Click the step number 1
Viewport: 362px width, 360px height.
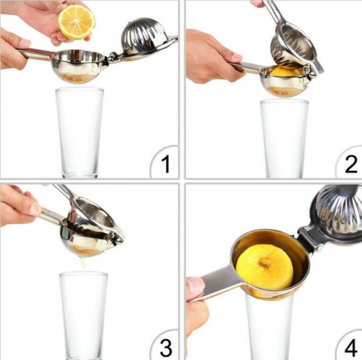point(165,164)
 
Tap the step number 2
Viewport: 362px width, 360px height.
point(351,164)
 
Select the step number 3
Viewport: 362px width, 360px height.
point(165,348)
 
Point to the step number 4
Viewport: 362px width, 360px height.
point(350,348)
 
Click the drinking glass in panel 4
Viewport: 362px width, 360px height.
point(270,326)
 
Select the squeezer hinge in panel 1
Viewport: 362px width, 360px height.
point(113,56)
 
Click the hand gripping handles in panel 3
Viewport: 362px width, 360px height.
point(18,205)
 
